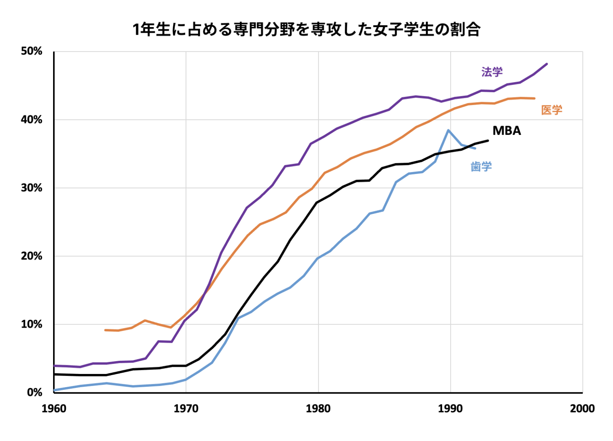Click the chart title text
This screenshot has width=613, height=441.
[x=306, y=30]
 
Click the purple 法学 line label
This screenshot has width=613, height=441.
[x=492, y=72]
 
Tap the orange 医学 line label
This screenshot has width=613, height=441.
[x=552, y=110]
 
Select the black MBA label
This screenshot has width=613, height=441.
[x=506, y=131]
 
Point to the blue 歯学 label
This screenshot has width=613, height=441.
[x=481, y=166]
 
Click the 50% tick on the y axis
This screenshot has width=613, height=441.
[x=32, y=51]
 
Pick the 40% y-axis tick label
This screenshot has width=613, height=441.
[x=32, y=120]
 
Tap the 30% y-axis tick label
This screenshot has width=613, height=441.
[x=32, y=188]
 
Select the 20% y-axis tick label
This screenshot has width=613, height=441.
[x=32, y=256]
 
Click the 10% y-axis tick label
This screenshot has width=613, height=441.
[x=32, y=324]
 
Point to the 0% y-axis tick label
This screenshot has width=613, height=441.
[x=34, y=393]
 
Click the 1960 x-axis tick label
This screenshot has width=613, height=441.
[x=54, y=409]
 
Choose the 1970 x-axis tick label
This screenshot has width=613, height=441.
[x=186, y=409]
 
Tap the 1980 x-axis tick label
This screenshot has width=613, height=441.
[x=318, y=409]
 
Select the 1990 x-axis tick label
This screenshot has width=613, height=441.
[x=450, y=409]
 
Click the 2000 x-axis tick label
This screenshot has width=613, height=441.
[x=582, y=409]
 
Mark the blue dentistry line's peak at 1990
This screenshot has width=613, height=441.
[x=449, y=130]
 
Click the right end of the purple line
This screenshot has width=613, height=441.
[x=547, y=64]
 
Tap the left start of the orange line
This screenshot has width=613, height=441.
[x=105, y=330]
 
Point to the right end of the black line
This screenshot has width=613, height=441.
[x=488, y=140]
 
